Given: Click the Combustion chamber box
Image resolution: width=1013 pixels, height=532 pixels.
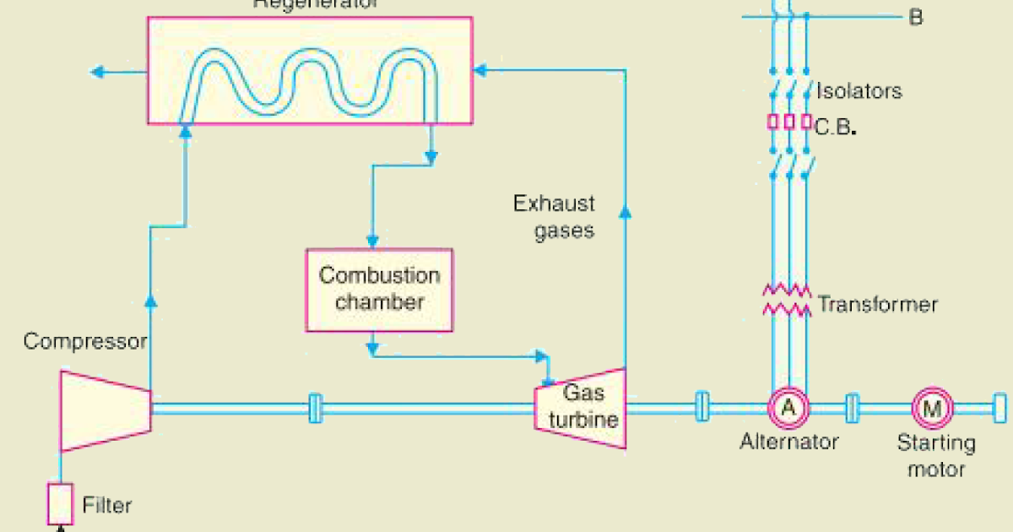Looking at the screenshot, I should tap(379, 290).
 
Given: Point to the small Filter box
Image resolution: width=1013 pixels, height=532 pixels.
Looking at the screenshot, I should tap(59, 504).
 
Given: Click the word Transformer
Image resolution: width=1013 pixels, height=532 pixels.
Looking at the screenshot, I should tap(877, 304).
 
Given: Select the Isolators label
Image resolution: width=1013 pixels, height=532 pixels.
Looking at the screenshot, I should tap(859, 91).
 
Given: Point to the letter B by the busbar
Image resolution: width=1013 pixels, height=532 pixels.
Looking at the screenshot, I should tap(916, 18).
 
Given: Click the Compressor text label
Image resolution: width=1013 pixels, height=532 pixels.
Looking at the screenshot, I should tap(85, 342).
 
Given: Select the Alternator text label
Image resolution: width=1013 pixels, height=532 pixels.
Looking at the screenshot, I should tap(789, 442).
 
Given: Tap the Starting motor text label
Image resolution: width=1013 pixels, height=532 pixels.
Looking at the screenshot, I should tap(935, 455).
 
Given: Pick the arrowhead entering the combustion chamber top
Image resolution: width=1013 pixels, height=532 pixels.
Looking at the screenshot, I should tap(369, 239).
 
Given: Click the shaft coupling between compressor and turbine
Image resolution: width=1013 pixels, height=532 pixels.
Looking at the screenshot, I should tap(315, 409).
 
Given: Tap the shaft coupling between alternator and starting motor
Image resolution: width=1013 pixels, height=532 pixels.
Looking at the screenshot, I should tap(853, 409).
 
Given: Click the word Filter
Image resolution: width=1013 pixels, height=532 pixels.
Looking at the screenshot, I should tap(107, 506).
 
